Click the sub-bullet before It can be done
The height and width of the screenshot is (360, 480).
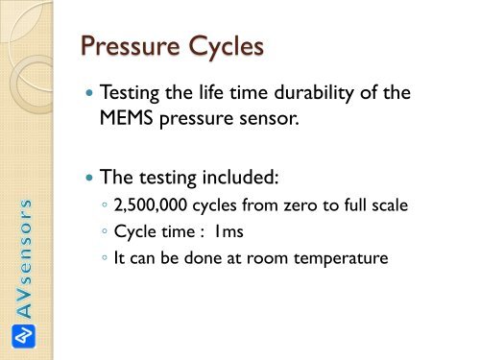pyautogui.click(x=104, y=253)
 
